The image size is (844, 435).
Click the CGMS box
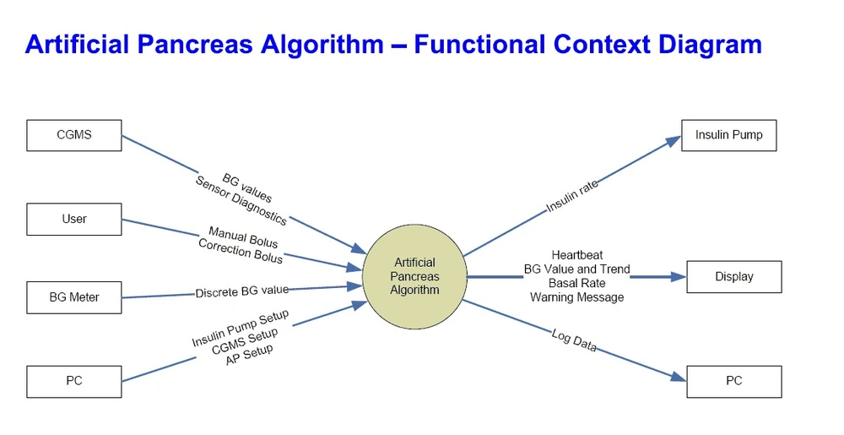click(74, 135)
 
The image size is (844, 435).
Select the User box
click(74, 219)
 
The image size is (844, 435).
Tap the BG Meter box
click(74, 297)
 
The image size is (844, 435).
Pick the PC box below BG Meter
click(74, 381)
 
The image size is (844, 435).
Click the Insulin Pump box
click(728, 135)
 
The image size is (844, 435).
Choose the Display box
click(733, 276)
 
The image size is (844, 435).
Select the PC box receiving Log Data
click(733, 381)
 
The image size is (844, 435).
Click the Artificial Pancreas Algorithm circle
click(414, 276)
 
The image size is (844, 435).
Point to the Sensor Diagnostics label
click(241, 201)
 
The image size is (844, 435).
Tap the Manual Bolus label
click(243, 237)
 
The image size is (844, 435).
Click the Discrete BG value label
click(242, 291)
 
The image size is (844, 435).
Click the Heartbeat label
click(577, 254)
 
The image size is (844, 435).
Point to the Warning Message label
click(577, 297)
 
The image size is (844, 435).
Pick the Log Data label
click(574, 340)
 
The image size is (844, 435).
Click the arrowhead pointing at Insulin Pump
click(673, 141)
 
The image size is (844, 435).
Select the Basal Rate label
click(577, 283)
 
